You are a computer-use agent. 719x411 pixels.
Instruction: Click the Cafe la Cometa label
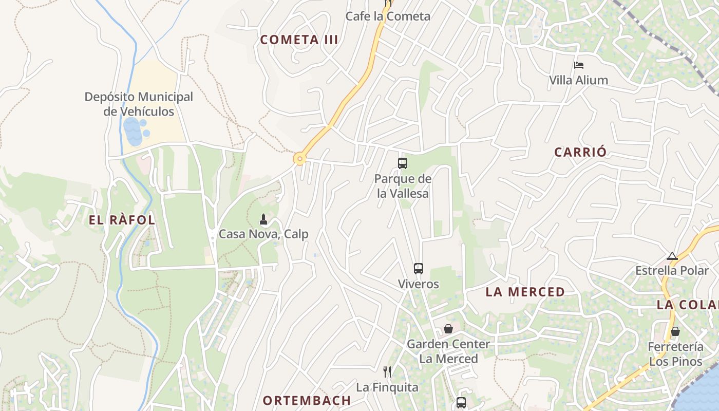pyautogui.click(x=388, y=16)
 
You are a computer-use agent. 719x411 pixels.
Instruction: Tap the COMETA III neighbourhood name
pyautogui.click(x=299, y=40)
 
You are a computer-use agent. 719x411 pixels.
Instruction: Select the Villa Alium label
pyautogui.click(x=578, y=80)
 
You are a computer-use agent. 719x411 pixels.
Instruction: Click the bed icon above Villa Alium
pyautogui.click(x=579, y=65)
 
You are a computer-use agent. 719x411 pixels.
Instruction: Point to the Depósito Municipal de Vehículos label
pyautogui.click(x=139, y=104)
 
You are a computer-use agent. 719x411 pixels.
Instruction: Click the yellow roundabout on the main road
pyautogui.click(x=299, y=159)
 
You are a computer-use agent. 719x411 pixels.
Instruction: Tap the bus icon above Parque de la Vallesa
pyautogui.click(x=403, y=163)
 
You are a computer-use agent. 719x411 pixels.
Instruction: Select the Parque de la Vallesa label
pyautogui.click(x=403, y=186)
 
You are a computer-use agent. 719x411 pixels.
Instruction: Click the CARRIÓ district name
pyautogui.click(x=580, y=152)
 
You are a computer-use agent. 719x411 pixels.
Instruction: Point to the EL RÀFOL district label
pyautogui.click(x=122, y=220)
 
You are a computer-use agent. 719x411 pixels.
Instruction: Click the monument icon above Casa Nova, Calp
pyautogui.click(x=263, y=220)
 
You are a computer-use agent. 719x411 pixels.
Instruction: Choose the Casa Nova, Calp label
pyautogui.click(x=263, y=234)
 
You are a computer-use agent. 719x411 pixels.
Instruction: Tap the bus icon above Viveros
pyautogui.click(x=419, y=269)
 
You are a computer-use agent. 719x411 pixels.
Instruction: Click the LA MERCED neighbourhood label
pyautogui.click(x=525, y=292)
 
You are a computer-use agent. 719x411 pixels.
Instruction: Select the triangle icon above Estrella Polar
pyautogui.click(x=672, y=256)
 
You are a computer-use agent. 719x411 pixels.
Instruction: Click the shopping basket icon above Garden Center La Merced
pyautogui.click(x=448, y=329)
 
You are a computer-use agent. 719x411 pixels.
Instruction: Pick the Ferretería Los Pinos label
pyautogui.click(x=675, y=354)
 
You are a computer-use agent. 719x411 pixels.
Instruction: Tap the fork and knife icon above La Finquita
pyautogui.click(x=387, y=372)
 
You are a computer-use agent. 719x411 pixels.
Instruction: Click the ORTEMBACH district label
pyautogui.click(x=307, y=400)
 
